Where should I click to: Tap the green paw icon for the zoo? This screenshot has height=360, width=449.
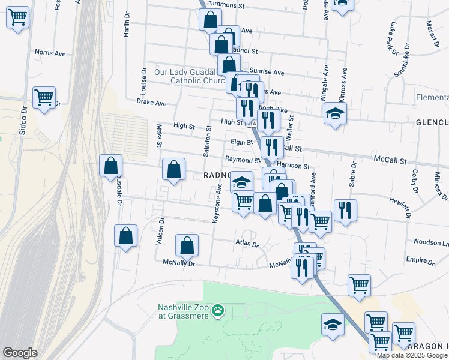click(x=219, y=311)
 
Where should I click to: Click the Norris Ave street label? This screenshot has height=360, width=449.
click(x=50, y=53)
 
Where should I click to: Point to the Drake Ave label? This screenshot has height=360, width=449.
click(x=151, y=103)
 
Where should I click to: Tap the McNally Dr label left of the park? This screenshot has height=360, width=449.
click(x=179, y=262)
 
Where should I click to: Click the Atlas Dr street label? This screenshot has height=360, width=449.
click(x=247, y=245)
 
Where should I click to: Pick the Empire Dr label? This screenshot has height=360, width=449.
click(x=420, y=261)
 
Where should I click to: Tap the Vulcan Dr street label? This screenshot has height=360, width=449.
click(x=159, y=231)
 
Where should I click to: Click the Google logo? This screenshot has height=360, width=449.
click(x=20, y=352)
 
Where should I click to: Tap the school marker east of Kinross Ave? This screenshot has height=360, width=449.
click(x=335, y=112)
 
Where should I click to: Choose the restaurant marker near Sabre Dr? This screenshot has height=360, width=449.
click(x=345, y=210)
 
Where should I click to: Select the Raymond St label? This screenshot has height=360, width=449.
click(x=243, y=160)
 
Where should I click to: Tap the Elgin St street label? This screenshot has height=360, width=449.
click(x=241, y=142)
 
